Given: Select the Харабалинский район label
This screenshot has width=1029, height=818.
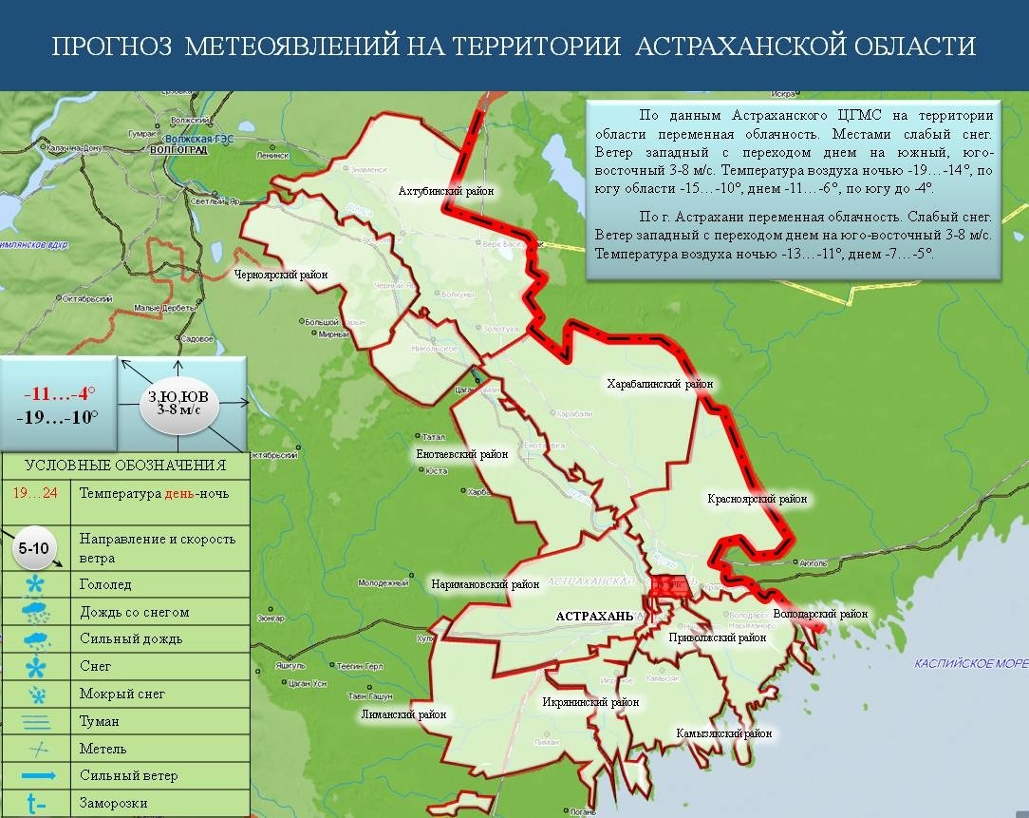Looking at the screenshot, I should (x=660, y=384).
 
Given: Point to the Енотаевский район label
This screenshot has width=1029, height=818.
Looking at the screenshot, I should (x=462, y=454).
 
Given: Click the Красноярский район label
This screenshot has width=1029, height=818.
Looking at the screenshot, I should (x=757, y=499).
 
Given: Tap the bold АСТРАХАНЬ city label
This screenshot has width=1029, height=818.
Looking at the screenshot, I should (x=594, y=616).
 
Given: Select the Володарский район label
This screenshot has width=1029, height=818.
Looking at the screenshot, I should (x=820, y=614).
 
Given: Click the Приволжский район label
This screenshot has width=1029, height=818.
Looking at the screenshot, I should (x=717, y=637).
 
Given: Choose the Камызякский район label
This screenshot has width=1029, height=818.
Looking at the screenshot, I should (x=723, y=733).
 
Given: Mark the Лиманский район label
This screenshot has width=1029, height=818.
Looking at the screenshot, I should (x=403, y=713).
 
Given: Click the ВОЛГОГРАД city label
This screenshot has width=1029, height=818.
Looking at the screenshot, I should (x=178, y=149).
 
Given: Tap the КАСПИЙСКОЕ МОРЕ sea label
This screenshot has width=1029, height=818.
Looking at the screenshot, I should (x=970, y=664).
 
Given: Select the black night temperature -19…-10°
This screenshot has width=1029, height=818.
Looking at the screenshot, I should (x=59, y=416).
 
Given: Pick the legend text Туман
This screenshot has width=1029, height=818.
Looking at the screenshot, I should (x=100, y=721).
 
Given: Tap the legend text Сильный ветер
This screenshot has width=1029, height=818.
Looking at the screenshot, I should (x=129, y=775).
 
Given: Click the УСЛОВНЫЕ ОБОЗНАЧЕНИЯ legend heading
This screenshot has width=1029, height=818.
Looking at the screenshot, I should (x=124, y=465).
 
